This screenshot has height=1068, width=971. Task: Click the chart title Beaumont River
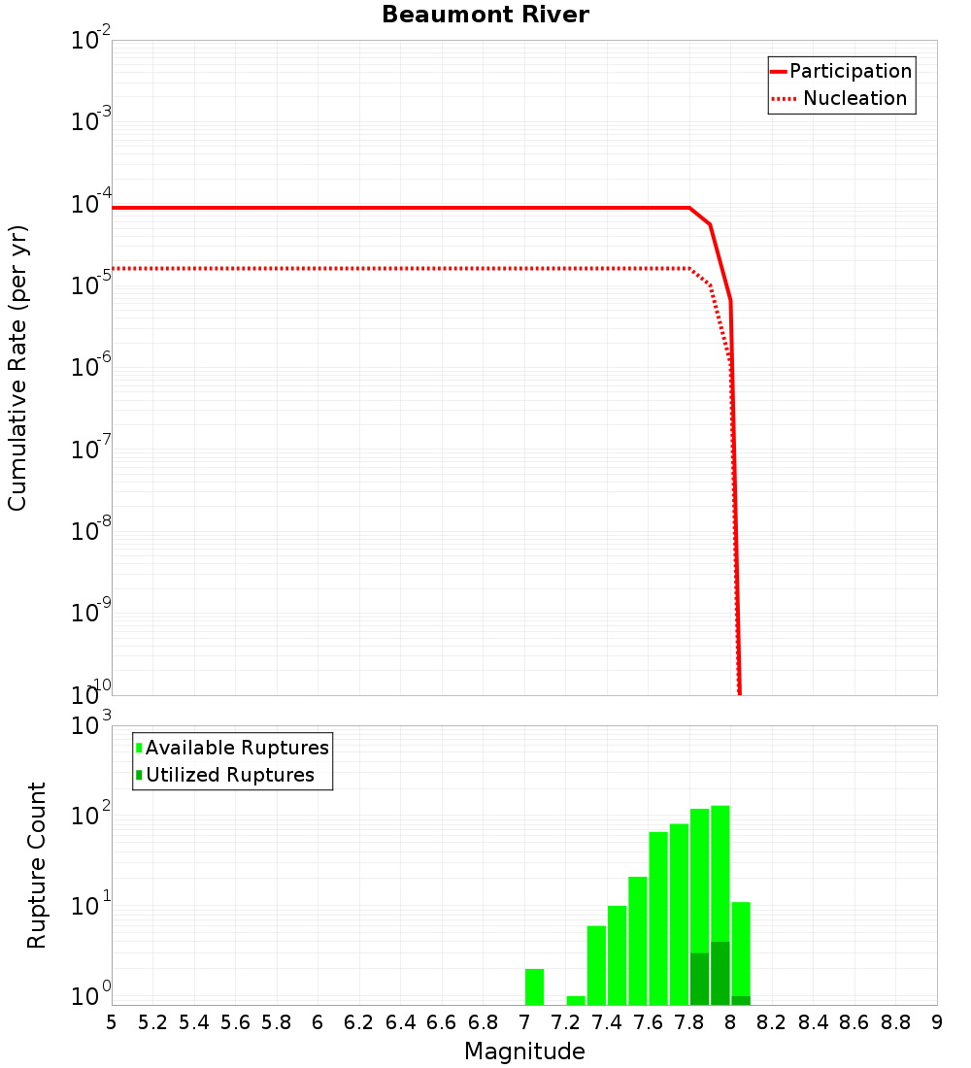tap(485, 16)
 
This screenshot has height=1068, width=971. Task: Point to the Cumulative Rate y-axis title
tap(17, 368)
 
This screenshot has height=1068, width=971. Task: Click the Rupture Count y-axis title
tap(37, 865)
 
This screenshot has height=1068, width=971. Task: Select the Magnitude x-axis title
tap(524, 1051)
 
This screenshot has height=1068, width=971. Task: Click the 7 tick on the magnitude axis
tap(524, 1022)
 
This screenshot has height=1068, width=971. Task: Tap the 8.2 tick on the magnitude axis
tap(772, 1022)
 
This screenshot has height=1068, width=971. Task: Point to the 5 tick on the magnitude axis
tap(112, 1022)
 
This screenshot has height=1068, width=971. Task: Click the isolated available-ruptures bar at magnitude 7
tap(534, 986)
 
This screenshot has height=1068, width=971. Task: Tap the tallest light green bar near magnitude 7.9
tap(720, 874)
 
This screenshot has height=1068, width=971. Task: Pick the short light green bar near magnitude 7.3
tap(576, 1000)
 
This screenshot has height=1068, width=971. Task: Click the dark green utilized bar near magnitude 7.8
tap(699, 979)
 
